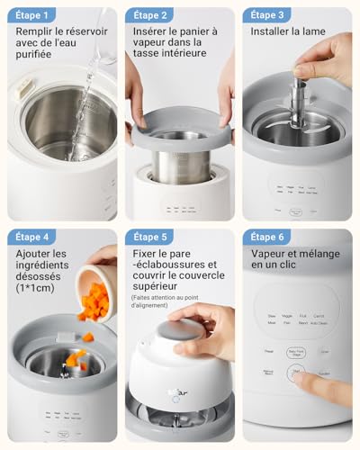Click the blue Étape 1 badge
[x=32, y=15]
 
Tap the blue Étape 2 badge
[x=149, y=15]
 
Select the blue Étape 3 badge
[x=267, y=15]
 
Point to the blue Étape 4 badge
[x=32, y=238]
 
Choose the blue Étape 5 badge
[x=149, y=238]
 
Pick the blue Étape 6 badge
[x=267, y=238]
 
